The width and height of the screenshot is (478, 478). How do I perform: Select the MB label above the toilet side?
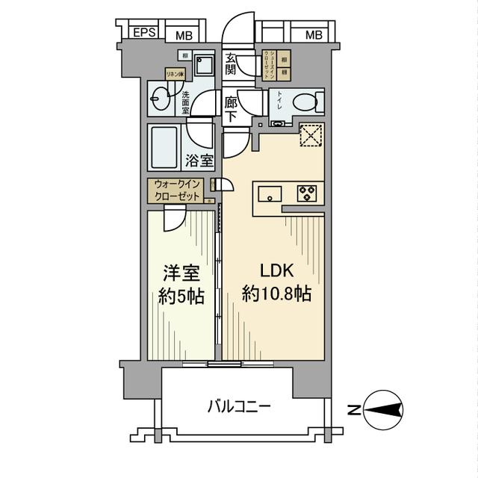click(x=314, y=34)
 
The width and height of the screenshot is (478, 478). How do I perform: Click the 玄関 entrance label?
click(x=231, y=64)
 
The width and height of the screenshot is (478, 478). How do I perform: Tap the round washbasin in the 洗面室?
click(x=161, y=97)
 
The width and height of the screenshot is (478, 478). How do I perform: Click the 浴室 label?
click(x=200, y=160)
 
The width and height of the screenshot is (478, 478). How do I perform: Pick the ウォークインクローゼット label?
click(x=177, y=190)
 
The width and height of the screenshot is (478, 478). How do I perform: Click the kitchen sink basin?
click(x=268, y=193)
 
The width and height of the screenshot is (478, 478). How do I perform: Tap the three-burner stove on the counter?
click(x=307, y=193)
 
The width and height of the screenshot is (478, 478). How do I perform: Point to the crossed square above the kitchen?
click(x=311, y=135)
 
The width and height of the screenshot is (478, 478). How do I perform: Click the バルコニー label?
click(x=239, y=408)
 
